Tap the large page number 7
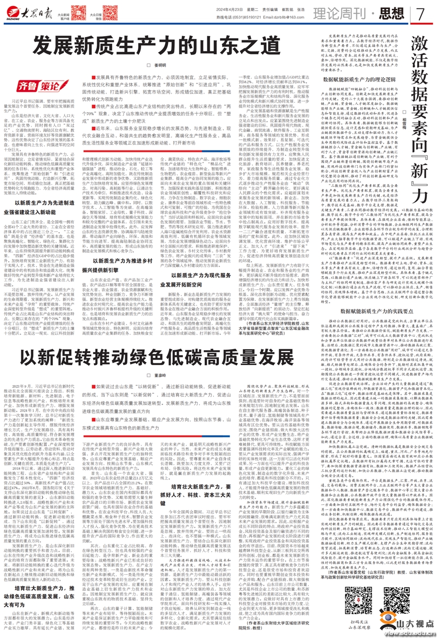(x=421, y=14)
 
